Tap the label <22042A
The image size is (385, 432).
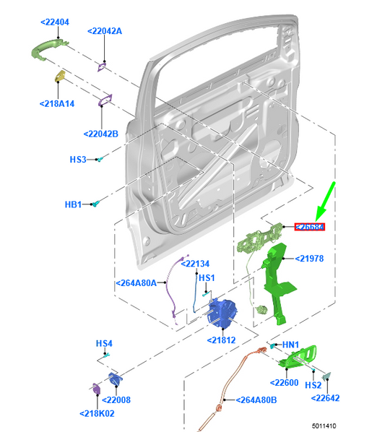[x=105, y=31]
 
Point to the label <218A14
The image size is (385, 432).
[x=57, y=104]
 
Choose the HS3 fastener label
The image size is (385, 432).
[x=77, y=159]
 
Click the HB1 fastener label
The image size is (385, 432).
[x=74, y=205]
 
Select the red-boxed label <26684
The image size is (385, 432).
[x=310, y=227]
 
